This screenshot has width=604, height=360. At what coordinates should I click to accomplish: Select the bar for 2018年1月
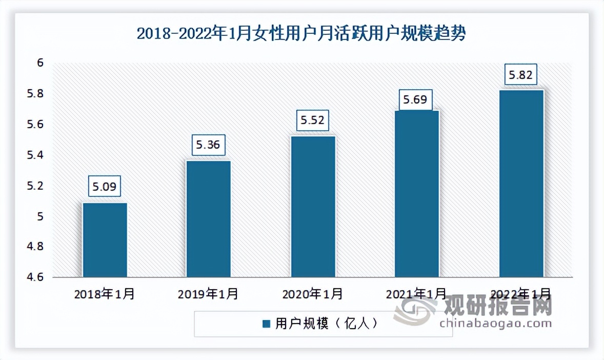click(105, 240)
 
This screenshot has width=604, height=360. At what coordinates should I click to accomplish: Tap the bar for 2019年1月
click(209, 219)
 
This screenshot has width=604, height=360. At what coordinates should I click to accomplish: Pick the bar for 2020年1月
click(313, 207)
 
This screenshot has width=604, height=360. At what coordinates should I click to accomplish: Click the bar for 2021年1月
click(417, 194)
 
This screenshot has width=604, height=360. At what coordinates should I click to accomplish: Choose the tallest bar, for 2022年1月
click(521, 184)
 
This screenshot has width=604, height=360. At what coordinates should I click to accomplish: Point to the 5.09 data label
click(106, 187)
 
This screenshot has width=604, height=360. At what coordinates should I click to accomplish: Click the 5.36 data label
click(208, 145)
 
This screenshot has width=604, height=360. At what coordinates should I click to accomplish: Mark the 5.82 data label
click(520, 76)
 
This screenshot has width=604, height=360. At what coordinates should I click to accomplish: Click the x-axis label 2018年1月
click(105, 294)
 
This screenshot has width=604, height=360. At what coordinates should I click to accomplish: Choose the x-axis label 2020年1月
click(312, 294)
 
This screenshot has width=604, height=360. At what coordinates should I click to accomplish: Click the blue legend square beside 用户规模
click(266, 324)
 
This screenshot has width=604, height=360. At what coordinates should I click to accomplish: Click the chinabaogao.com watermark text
click(495, 323)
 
